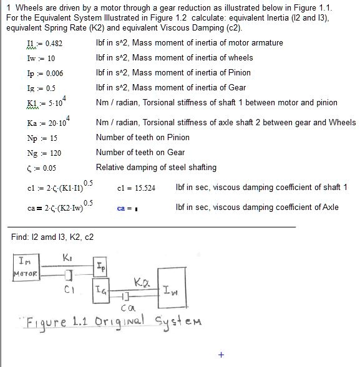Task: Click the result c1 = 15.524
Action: pos(137,188)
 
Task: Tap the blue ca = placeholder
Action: pos(127,209)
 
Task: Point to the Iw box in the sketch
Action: pos(173,287)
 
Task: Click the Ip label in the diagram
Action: pos(102,267)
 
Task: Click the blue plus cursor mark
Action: pos(221,355)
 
